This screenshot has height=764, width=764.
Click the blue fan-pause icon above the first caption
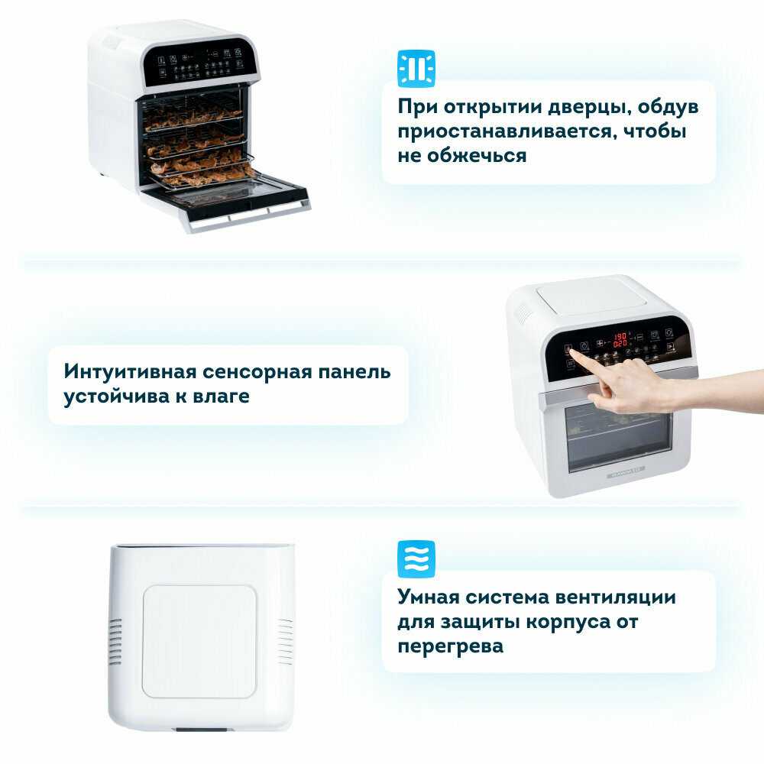[x=416, y=69]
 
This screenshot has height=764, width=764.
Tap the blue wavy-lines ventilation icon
[x=416, y=559]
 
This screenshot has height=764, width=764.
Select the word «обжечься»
[x=476, y=156]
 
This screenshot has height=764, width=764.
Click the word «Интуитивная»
[x=130, y=372]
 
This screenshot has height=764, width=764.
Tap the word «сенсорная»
[x=257, y=373]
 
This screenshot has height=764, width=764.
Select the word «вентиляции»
[x=615, y=597]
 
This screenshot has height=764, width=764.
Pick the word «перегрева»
[x=450, y=647]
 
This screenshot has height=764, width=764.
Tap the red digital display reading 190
[x=620, y=336]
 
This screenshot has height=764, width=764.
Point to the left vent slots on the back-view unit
[x=115, y=642]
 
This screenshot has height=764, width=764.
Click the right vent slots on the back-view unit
[x=285, y=642]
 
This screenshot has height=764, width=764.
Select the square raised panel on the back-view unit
[x=199, y=642]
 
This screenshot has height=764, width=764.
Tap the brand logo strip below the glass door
[x=626, y=471]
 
